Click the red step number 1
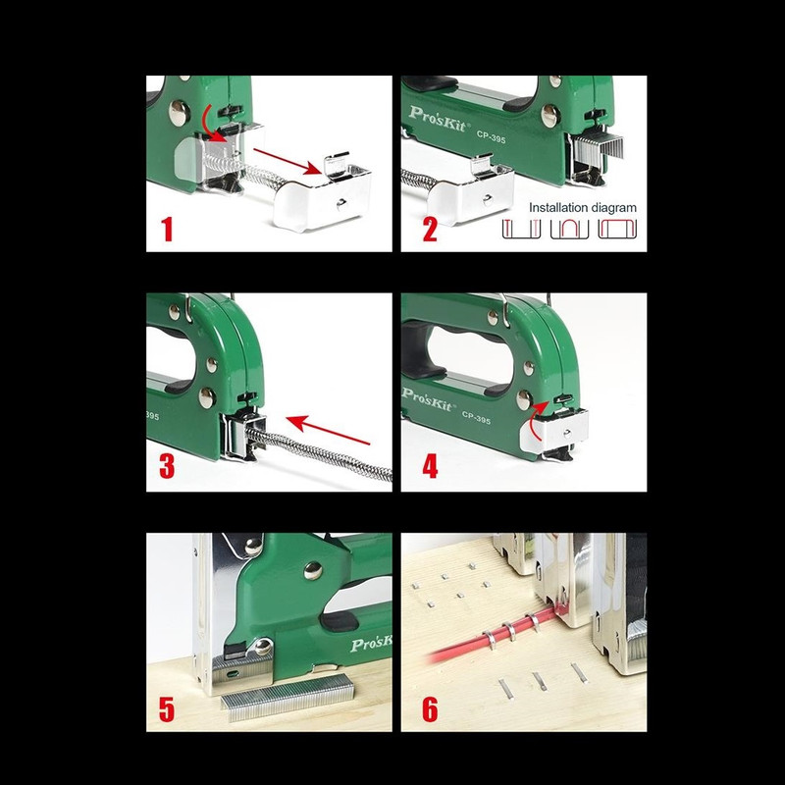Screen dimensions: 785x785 tap(167, 230)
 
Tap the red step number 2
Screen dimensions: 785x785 tap(430, 230)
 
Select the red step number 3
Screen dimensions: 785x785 tap(167, 466)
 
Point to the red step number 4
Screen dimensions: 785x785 tap(430, 466)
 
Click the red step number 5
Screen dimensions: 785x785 tap(167, 709)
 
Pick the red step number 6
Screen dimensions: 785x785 tap(430, 709)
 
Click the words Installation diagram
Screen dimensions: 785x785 tap(583, 208)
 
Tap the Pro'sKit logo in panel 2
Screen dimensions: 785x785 tap(437, 119)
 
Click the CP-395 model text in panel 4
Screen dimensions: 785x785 tap(476, 418)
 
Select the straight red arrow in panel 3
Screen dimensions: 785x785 tap(329, 430)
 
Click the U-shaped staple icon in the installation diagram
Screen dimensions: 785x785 tap(569, 230)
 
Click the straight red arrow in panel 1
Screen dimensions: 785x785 tap(288, 161)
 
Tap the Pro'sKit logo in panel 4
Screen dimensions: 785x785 tap(428, 399)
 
